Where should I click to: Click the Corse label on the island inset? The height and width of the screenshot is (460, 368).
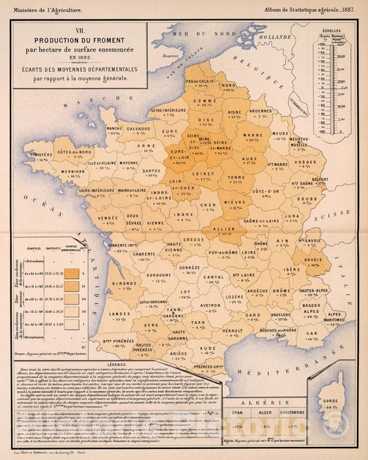click(331, 400)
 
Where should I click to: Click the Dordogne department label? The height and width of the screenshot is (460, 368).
click(158, 274)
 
